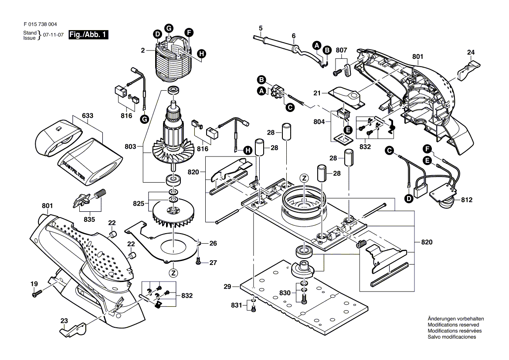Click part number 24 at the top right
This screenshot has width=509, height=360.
coord(470,53)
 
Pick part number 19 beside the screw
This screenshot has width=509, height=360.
coord(34,284)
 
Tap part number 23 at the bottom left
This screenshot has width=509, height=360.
coord(64,321)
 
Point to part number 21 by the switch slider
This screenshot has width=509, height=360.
coord(317,93)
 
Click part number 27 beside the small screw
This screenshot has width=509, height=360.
coord(213,262)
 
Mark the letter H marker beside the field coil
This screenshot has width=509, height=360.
coord(201,54)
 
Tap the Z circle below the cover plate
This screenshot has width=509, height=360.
coord(173,273)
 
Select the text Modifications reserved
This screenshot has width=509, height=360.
coord(453,325)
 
